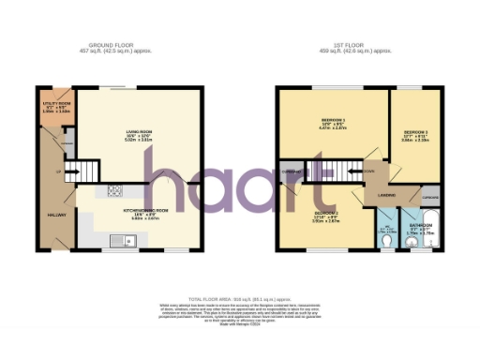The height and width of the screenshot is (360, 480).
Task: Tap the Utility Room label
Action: [x=52, y=106]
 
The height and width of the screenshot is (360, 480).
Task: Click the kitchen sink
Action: [x=127, y=243]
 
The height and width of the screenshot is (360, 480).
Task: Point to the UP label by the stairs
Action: [x=58, y=172]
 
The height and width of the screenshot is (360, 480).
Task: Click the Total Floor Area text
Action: [x=239, y=295]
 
